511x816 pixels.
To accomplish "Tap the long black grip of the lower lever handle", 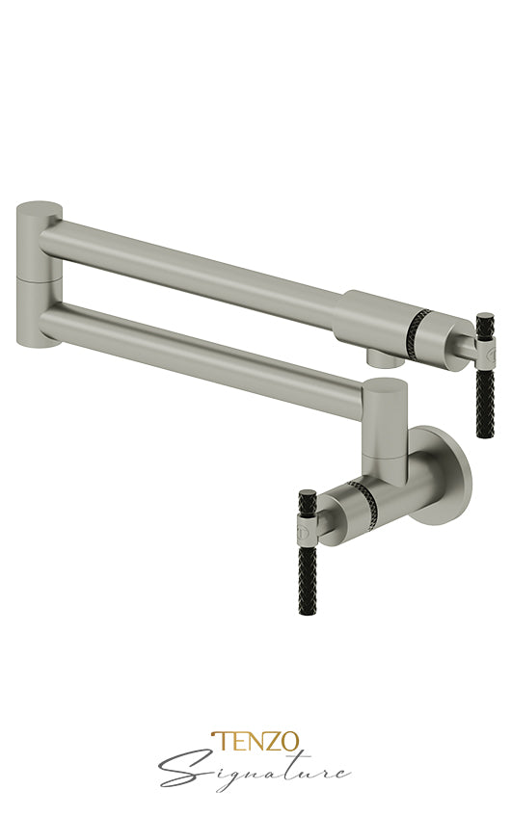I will (x=307, y=579).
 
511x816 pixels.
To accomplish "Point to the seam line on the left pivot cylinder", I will (x=40, y=276).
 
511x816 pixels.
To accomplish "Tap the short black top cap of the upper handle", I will (x=484, y=321).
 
